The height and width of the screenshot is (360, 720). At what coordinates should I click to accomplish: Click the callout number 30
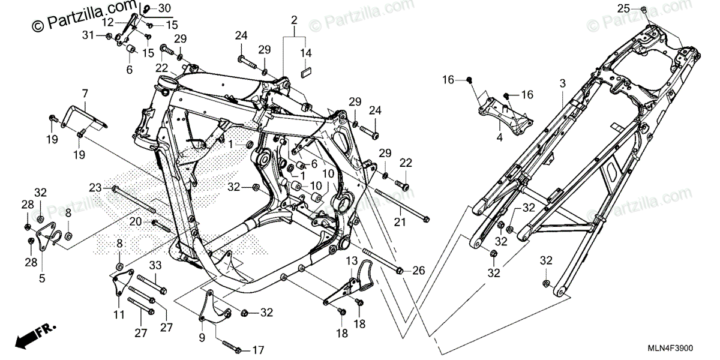(x=164, y=8)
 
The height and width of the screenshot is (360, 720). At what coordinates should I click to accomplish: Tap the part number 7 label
(x=85, y=94)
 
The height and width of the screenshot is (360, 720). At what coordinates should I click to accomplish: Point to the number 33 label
(x=155, y=265)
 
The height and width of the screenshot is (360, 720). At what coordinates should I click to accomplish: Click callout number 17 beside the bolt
(x=259, y=349)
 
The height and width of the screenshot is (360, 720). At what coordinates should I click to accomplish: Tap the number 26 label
(x=418, y=271)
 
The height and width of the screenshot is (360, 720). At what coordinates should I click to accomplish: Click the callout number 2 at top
(x=295, y=20)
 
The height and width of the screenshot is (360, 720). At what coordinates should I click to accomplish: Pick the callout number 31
(x=88, y=36)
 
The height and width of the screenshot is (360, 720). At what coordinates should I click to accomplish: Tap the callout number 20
(x=136, y=222)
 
